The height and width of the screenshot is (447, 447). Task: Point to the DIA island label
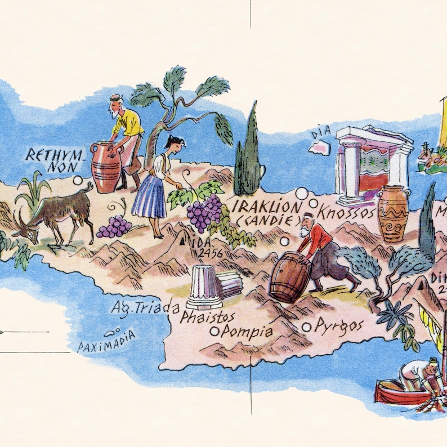pos(321,133)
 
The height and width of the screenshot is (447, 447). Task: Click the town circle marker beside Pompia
pos(214,332)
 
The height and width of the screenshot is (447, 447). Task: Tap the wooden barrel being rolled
pos(290,277)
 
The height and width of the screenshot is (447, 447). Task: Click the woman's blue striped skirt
pos(149,197)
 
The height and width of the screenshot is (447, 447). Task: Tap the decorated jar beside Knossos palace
pos(392,213)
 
